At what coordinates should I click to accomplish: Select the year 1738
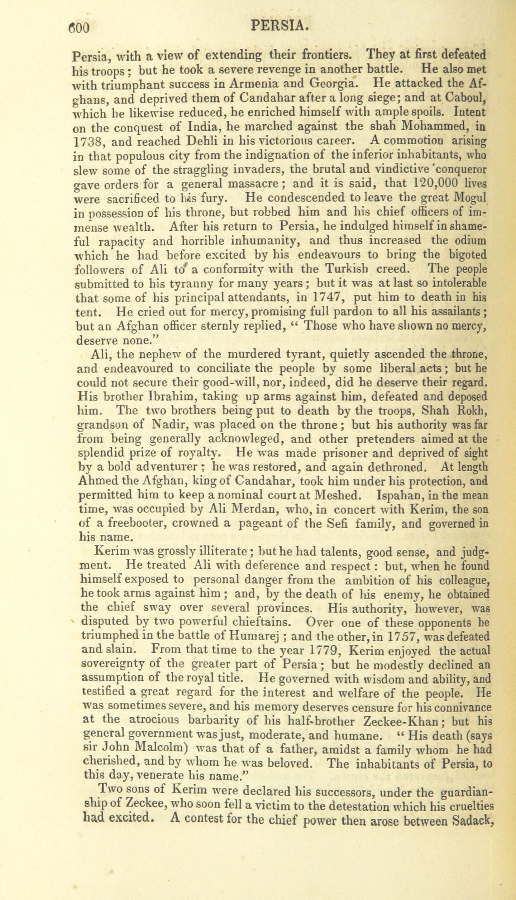[88, 143]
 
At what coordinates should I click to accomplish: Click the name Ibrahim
[163, 396]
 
